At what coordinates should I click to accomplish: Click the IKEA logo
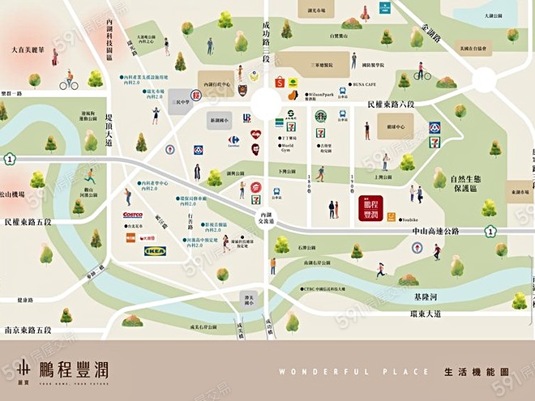(155, 252)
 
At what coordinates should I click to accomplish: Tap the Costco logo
(132, 215)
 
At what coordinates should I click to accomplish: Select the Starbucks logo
(320, 116)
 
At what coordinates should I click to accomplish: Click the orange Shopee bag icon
(280, 82)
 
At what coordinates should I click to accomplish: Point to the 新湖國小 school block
(220, 121)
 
